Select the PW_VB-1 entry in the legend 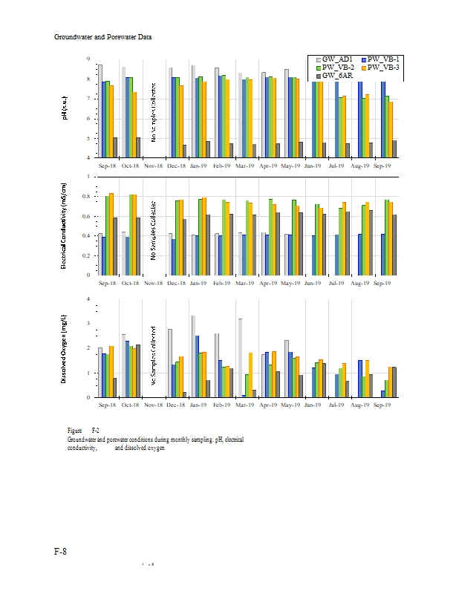click(385, 59)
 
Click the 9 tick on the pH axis click(88, 59)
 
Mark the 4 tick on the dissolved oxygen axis click(88, 299)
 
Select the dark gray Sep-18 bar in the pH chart click(115, 147)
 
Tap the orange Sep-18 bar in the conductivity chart click(111, 234)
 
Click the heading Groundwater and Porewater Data click(103, 36)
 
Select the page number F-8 click(62, 552)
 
